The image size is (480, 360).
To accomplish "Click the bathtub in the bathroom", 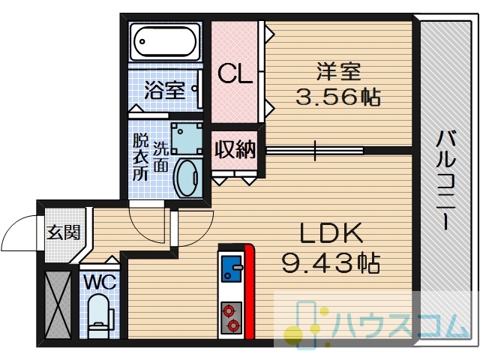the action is click(x=165, y=42).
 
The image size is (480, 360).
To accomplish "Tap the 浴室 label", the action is click(x=165, y=90).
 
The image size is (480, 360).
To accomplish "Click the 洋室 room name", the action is click(x=338, y=72).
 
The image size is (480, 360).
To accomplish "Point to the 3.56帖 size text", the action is click(x=338, y=97).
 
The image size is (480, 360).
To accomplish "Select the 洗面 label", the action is click(x=160, y=157).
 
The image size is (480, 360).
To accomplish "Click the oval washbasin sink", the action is click(x=188, y=178).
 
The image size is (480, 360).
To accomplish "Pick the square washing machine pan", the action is click(x=187, y=139).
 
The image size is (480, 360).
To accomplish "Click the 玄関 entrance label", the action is click(x=64, y=232).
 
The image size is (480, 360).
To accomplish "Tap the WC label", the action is click(x=100, y=282).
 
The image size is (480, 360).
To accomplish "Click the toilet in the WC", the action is click(x=100, y=316).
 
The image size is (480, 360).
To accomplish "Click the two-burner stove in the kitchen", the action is click(x=232, y=318).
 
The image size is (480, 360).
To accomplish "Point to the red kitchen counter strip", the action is click(x=249, y=291).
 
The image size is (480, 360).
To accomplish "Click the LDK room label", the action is click(x=331, y=233).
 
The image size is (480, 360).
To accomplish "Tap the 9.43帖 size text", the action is click(x=331, y=263).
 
